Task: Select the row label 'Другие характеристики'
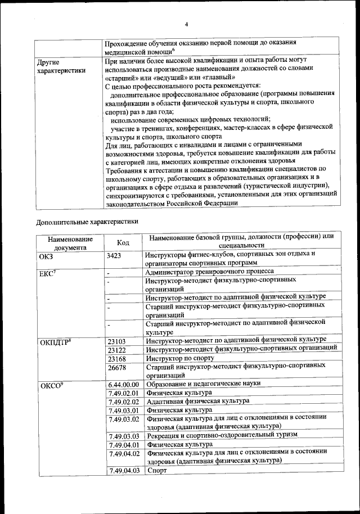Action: pyautogui.click(x=61, y=66)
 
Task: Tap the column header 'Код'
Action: pyautogui.click(x=123, y=242)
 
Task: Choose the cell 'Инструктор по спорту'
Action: pyautogui.click(x=180, y=358)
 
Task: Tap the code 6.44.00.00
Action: pyautogui.click(x=123, y=384)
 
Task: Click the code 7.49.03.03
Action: pyautogui.click(x=123, y=436)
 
